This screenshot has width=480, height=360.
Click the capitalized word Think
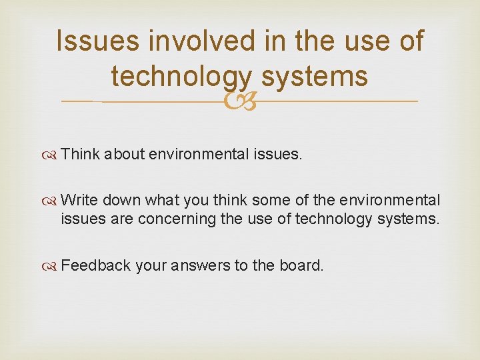[x=79, y=155]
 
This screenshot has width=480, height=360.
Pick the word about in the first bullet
[x=123, y=155]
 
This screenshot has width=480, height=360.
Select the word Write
[x=78, y=200]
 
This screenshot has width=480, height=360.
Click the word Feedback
[x=95, y=265]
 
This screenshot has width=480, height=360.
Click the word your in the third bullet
[x=151, y=265]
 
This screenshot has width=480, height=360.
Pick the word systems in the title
[x=315, y=76]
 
